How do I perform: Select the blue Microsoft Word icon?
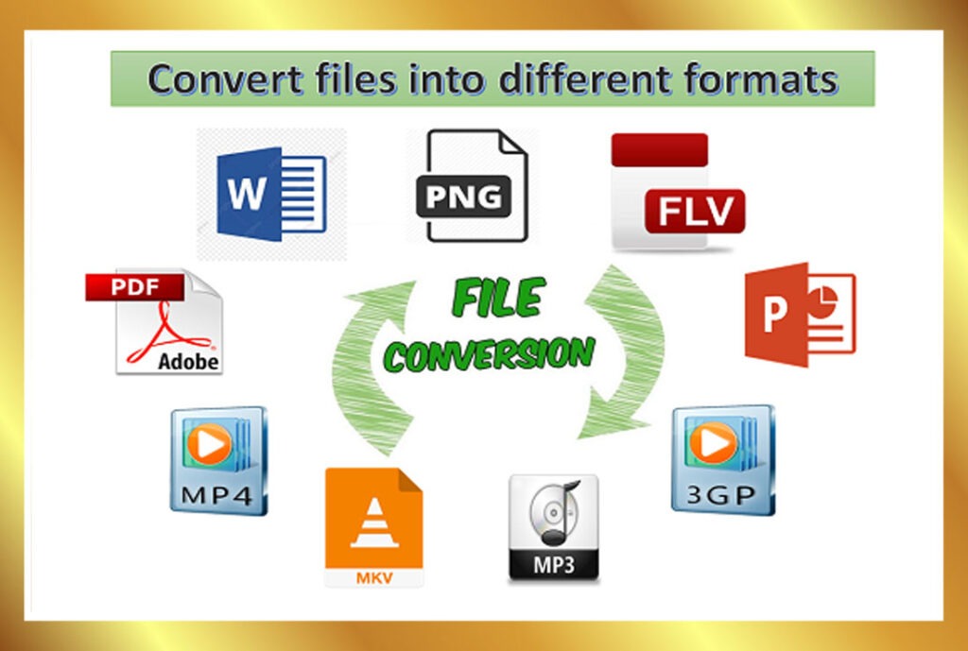click(271, 194)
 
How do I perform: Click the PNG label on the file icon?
click(463, 197)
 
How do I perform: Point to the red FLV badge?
click(695, 211)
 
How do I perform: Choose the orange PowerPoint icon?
click(800, 314)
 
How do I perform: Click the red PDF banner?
click(134, 287)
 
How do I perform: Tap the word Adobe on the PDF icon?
click(188, 361)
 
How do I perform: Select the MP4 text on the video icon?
click(216, 494)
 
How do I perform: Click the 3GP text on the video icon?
click(721, 495)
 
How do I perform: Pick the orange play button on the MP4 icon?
click(210, 444)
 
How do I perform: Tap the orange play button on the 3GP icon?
click(713, 442)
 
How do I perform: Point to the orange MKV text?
click(374, 578)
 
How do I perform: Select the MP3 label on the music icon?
click(553, 564)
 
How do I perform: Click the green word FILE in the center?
click(498, 298)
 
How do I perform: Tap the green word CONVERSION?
click(489, 354)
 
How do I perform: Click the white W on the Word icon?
click(247, 193)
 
